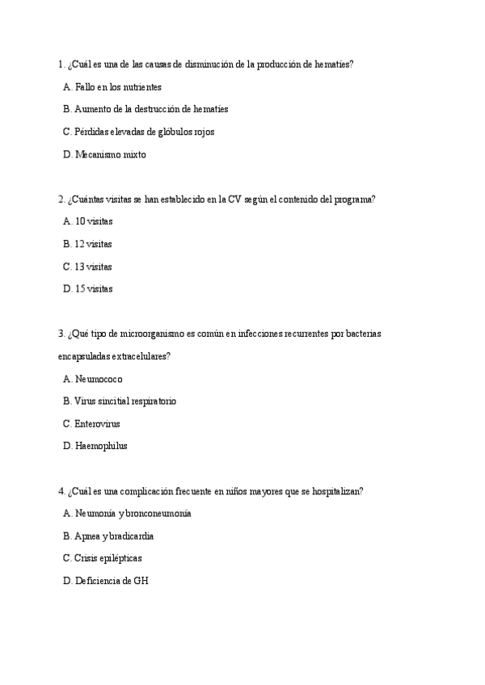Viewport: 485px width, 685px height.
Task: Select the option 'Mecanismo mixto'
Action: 110,154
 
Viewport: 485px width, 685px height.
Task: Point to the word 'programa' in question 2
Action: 352,199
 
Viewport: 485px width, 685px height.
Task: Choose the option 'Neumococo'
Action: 99,378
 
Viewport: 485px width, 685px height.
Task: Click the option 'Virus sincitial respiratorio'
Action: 124,401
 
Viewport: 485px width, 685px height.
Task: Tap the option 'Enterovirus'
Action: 97,423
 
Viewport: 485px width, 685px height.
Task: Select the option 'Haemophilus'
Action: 100,445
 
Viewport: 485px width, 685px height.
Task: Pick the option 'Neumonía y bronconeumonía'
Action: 133,513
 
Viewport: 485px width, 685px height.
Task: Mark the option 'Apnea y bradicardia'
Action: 113,536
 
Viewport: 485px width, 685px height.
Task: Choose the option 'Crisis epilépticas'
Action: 108,558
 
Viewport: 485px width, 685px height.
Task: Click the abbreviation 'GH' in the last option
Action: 141,580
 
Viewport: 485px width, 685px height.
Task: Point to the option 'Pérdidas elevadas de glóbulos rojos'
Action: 144,132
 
